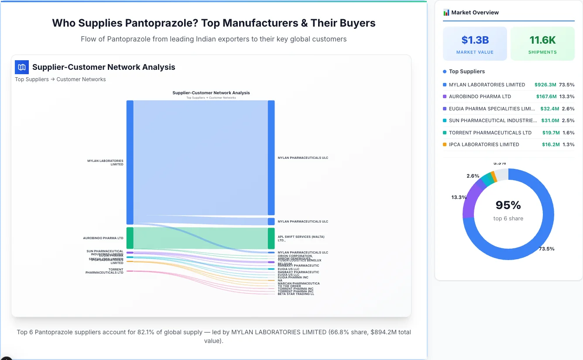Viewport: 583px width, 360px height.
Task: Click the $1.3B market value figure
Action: pos(475,41)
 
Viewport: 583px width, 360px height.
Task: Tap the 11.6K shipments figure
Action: pos(542,41)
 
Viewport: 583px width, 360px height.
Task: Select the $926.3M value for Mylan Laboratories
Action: pos(545,85)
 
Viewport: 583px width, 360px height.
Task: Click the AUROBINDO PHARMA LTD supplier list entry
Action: pos(480,96)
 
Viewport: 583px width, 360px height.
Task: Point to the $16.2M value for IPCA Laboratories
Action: pos(551,144)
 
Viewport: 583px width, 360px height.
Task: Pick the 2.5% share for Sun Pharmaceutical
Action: pos(568,120)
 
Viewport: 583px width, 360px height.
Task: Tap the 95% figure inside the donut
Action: pos(508,205)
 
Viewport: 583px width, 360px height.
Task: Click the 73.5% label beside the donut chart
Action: pos(546,249)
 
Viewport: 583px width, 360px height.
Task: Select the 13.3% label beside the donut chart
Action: pos(459,197)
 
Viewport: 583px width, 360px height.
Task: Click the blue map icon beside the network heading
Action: pos(22,67)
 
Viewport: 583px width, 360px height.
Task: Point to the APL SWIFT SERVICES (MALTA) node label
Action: pos(301,238)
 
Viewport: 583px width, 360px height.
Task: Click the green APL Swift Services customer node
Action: pos(271,238)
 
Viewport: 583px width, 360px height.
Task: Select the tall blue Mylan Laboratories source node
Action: pos(130,162)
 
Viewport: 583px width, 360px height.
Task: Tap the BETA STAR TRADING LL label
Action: pos(296,294)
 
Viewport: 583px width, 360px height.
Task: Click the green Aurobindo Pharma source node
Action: pos(130,238)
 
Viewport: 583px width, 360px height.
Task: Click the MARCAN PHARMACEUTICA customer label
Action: pos(298,283)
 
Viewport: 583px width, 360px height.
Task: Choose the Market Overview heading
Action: pos(475,13)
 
